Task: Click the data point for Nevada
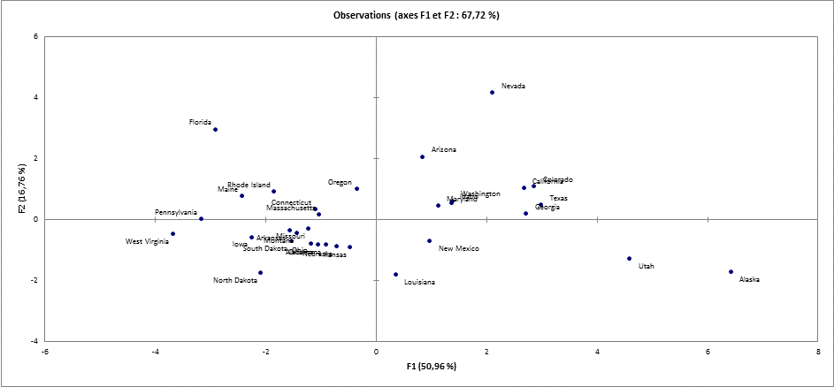pyautogui.click(x=493, y=92)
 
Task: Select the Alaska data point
pyautogui.click(x=731, y=271)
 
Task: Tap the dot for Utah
pyautogui.click(x=629, y=259)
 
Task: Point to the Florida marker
pyautogui.click(x=215, y=130)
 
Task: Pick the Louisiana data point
pyautogui.click(x=395, y=275)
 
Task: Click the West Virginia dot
pyautogui.click(x=172, y=234)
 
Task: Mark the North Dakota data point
pyautogui.click(x=260, y=272)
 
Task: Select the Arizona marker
pyautogui.click(x=422, y=156)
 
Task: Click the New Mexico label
pyautogui.click(x=458, y=249)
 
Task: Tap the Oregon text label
pyautogui.click(x=340, y=182)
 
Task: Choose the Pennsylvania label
pyautogui.click(x=176, y=212)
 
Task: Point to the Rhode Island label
pyautogui.click(x=249, y=185)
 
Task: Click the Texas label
pyautogui.click(x=558, y=199)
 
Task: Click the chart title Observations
pyautogui.click(x=416, y=16)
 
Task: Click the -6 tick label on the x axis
pyautogui.click(x=45, y=351)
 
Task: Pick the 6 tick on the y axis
pyautogui.click(x=35, y=36)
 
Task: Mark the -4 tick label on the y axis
pyautogui.click(x=34, y=341)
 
